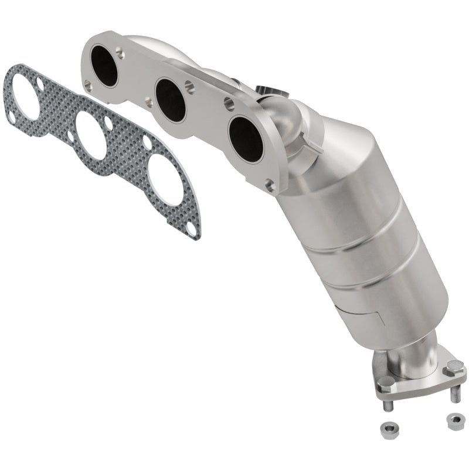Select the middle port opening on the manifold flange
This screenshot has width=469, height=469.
(x=171, y=100)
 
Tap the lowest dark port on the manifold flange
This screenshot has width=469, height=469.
(x=246, y=140)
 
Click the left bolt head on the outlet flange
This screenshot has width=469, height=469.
(x=386, y=383)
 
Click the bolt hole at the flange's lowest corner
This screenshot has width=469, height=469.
(x=270, y=186)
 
